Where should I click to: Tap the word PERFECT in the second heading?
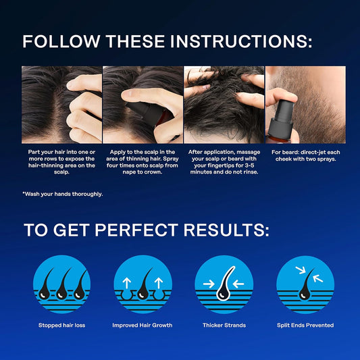click(x=136, y=230)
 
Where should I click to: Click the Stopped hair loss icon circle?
click(x=61, y=284)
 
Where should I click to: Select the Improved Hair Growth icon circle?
click(x=143, y=284)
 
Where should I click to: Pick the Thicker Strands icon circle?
click(x=224, y=284)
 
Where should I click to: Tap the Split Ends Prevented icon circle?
click(x=305, y=284)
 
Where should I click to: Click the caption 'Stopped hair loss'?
click(x=61, y=325)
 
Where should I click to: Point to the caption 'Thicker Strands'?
click(x=224, y=325)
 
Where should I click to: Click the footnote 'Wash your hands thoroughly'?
click(x=63, y=195)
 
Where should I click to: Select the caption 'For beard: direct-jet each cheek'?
click(x=305, y=155)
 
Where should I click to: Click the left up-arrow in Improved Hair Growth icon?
click(x=127, y=283)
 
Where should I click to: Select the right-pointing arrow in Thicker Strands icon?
click(x=209, y=284)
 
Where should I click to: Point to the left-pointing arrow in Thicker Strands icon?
click(x=238, y=284)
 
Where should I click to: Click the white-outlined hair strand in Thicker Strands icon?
click(x=224, y=285)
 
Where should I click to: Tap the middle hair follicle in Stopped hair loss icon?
click(x=62, y=285)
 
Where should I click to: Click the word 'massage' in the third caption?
click(x=249, y=152)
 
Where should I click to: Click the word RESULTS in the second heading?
click(x=226, y=230)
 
